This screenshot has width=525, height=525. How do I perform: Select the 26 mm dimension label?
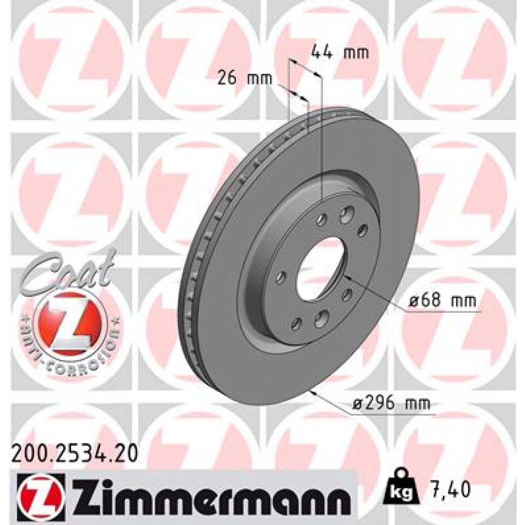245,78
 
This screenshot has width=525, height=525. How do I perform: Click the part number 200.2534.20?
74,454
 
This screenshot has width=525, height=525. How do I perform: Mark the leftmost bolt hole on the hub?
280,277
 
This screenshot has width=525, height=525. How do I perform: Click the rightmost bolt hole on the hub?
362,229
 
